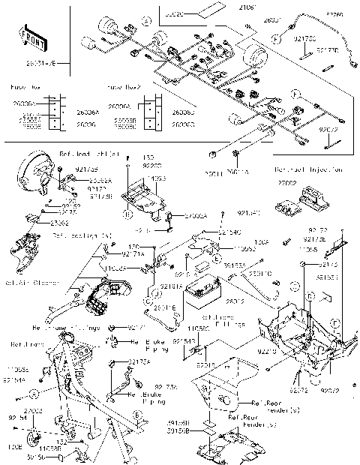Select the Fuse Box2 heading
[124, 86]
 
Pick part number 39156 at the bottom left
[36, 455]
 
